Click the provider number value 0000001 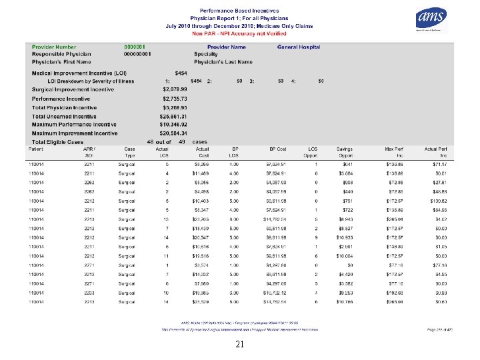tap(136, 47)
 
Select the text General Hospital tap(299, 47)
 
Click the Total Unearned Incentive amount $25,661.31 tap(177, 116)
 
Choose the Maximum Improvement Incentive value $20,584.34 tap(177, 133)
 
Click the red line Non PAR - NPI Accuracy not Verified tap(239, 33)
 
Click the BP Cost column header tap(276, 149)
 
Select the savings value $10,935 tap(345, 237)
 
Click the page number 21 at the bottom tap(240, 344)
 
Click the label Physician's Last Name tap(223, 62)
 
